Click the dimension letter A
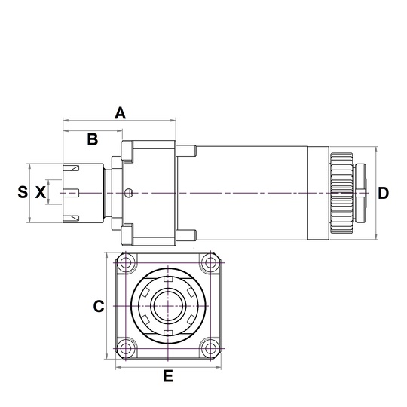pyautogui.click(x=120, y=113)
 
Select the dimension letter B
pyautogui.click(x=92, y=139)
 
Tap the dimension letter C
pyautogui.click(x=98, y=306)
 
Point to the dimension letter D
pyautogui.click(x=383, y=193)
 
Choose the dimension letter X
pyautogui.click(x=40, y=193)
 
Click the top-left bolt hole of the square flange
pyautogui.click(x=126, y=263)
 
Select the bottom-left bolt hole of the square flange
pyautogui.click(x=126, y=348)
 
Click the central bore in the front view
pyautogui.click(x=167, y=306)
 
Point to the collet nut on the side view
pyautogui.click(x=84, y=193)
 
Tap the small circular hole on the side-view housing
pyautogui.click(x=130, y=193)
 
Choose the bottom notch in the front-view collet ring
pyautogui.click(x=167, y=332)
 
